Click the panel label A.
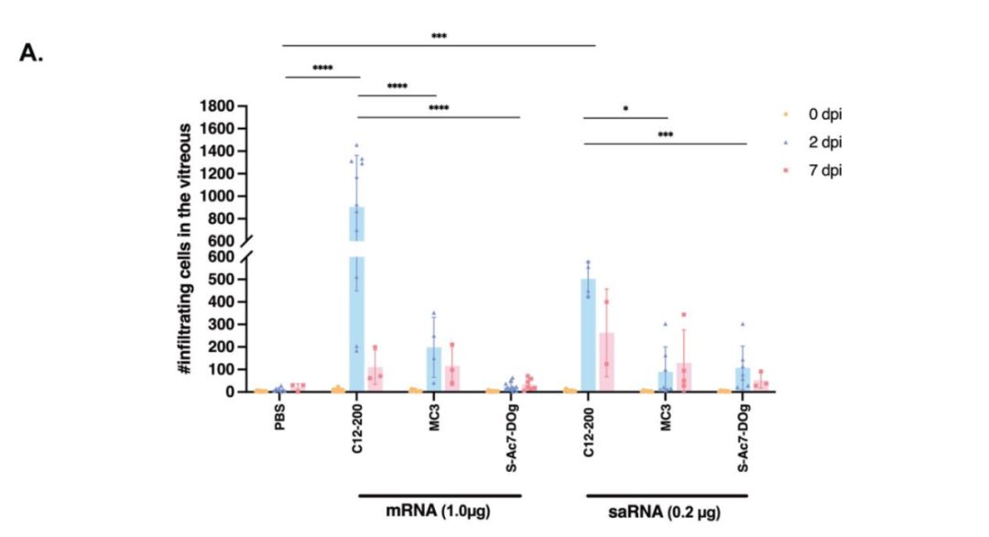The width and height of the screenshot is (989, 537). pos(31,52)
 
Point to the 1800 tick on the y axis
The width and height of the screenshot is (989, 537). pos(212,106)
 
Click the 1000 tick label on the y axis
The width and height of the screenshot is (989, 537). pos(212,196)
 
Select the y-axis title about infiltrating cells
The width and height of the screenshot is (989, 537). pos(186,247)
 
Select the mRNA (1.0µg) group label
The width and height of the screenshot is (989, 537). pos(438,510)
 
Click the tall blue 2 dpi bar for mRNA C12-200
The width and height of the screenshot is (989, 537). pos(357,302)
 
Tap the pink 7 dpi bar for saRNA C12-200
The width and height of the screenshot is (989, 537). pos(606,362)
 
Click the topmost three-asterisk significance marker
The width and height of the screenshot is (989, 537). pos(439,38)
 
